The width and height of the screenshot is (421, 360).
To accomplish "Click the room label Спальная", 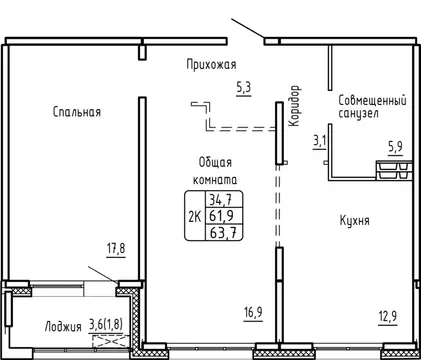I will click(x=77, y=112).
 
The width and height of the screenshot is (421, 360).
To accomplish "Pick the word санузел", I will click(x=360, y=116).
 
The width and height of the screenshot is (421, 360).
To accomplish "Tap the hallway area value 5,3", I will click(x=244, y=88).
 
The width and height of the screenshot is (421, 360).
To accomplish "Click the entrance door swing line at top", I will click(x=247, y=28).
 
